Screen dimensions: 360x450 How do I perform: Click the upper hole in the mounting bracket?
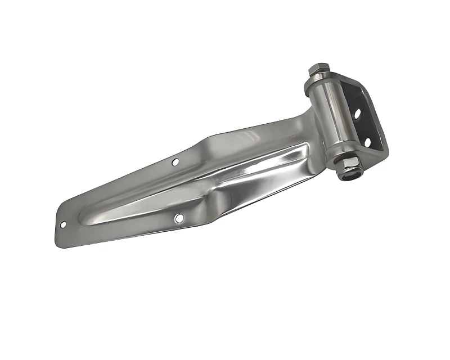click(357, 114)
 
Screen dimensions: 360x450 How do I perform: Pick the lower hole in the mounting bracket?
click(367, 142)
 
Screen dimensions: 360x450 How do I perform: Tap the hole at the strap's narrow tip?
click(63, 224)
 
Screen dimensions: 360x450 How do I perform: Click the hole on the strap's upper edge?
click(175, 163)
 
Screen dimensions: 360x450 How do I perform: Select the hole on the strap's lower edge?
click(178, 217)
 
